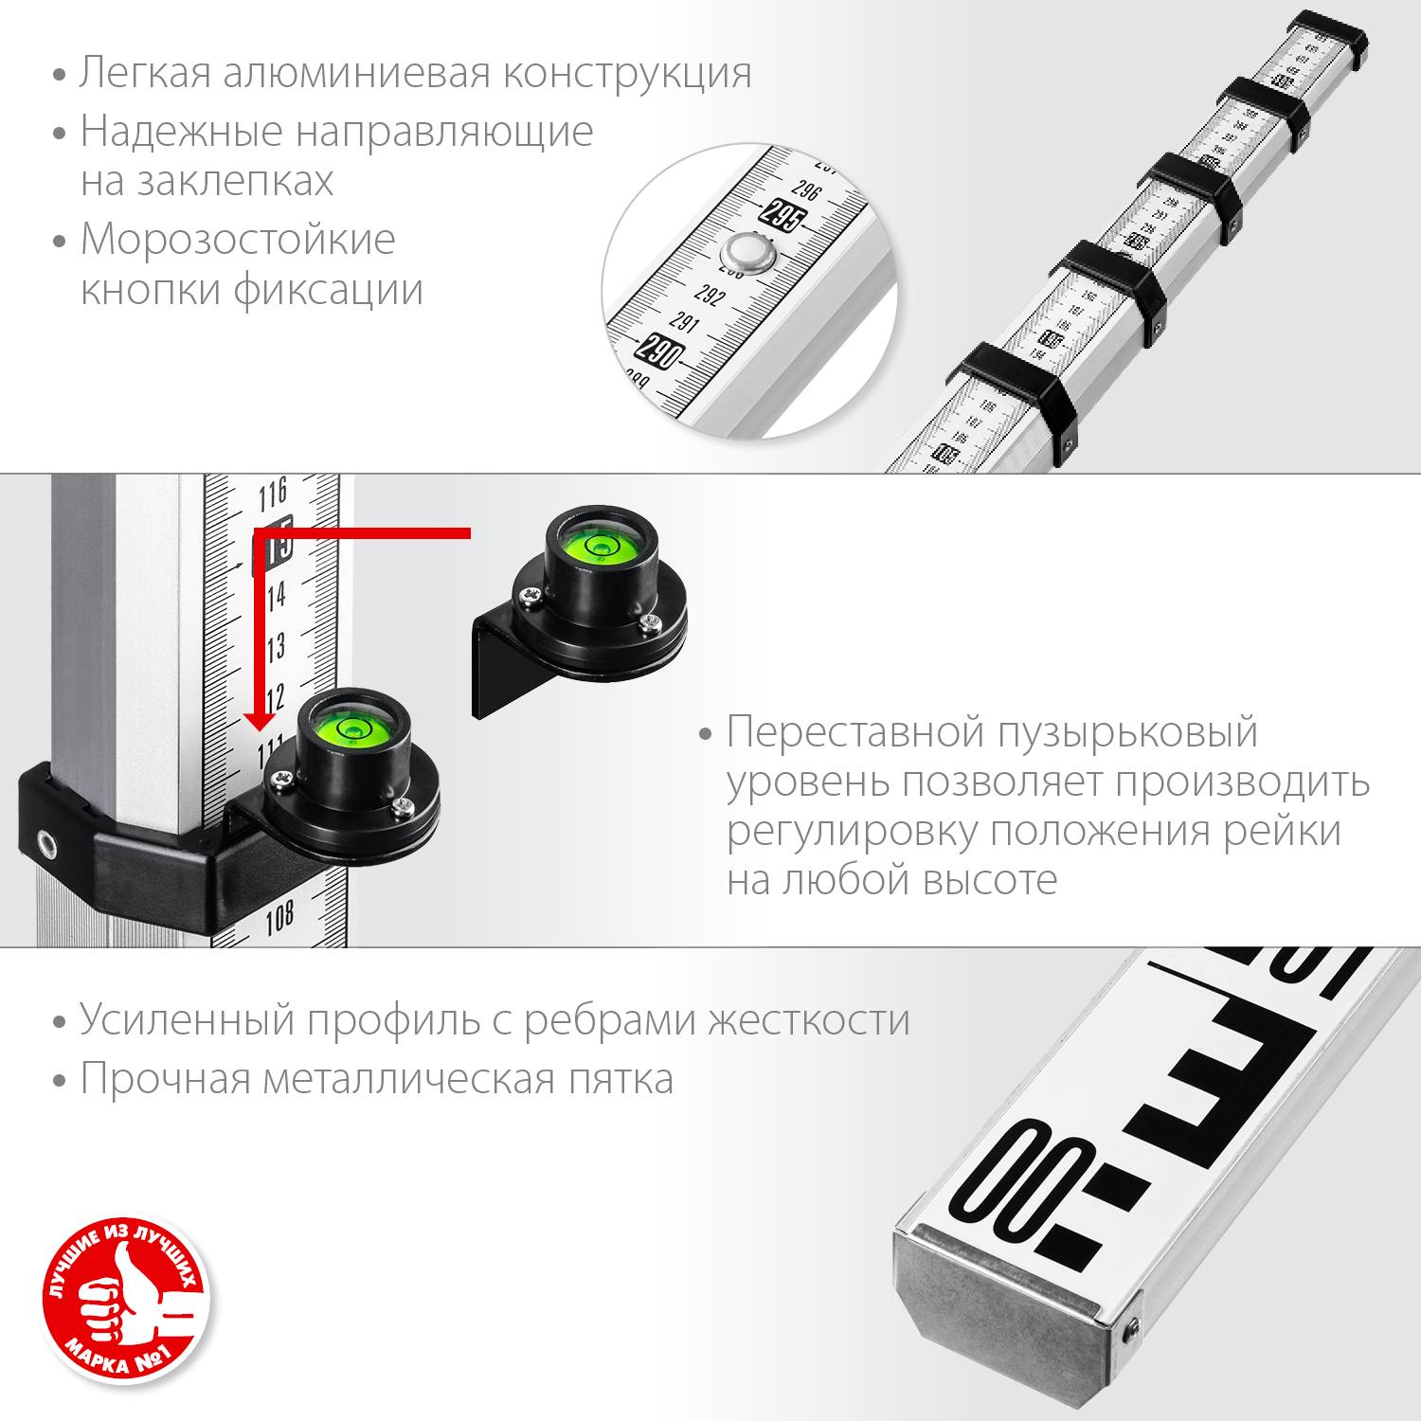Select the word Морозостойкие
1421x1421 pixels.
[x=238, y=239]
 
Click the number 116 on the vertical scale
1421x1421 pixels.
[x=273, y=494]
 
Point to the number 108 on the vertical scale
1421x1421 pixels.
[x=279, y=918]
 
